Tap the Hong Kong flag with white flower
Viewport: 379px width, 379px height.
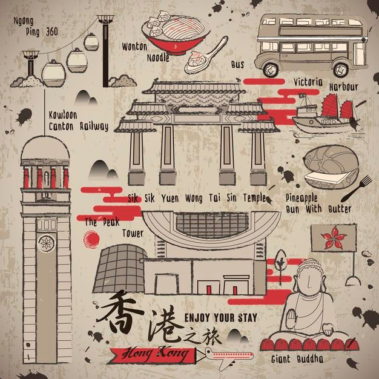(333, 237)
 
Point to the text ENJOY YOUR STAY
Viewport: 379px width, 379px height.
(220, 318)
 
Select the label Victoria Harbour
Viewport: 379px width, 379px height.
(326, 84)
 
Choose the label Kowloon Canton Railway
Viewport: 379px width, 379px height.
(78, 121)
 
